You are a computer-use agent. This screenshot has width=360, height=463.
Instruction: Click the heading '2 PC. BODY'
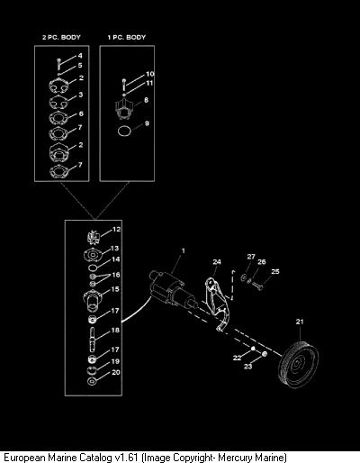61,38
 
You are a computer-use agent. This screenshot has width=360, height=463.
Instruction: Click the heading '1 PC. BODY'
127,38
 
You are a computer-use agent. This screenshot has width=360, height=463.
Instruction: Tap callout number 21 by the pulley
300,322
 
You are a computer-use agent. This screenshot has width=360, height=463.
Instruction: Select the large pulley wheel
298,364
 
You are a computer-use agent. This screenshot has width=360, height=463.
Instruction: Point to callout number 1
184,250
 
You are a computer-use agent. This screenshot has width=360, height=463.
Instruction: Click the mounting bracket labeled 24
217,304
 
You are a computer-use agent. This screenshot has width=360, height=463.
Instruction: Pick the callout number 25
275,271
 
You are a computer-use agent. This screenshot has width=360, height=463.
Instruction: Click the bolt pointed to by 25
257,286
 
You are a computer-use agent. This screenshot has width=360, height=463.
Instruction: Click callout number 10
150,74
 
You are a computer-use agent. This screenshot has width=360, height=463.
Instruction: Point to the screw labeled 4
58,64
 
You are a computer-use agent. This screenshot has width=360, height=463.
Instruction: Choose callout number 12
116,229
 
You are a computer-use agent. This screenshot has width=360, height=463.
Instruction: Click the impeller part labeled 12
93,237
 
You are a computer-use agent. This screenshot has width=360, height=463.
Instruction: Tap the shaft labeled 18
93,340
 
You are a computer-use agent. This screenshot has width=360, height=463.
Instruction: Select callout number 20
116,372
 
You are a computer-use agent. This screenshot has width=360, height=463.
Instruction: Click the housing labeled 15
93,301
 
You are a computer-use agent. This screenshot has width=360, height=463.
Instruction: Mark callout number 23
247,367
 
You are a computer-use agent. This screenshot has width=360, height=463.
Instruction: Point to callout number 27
251,257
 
